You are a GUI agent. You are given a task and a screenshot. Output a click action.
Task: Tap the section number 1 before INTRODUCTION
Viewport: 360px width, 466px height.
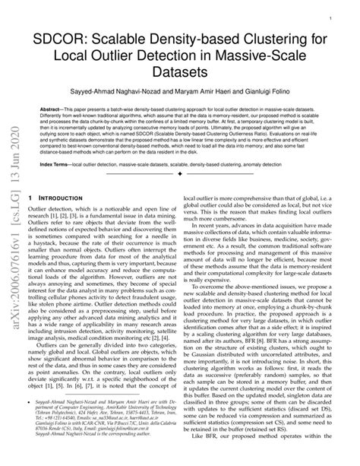click(28, 195)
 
